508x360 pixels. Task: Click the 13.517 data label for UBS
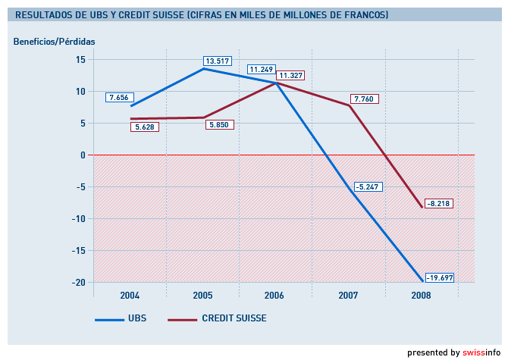click(217, 61)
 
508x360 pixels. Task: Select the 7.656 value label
click(121, 98)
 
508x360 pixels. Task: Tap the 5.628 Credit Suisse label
click(144, 127)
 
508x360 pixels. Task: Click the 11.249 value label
click(262, 70)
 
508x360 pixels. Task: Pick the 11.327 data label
click(291, 76)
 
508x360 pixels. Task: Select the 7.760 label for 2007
click(364, 99)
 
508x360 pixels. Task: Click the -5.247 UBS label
click(368, 186)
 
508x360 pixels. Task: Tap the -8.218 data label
click(438, 204)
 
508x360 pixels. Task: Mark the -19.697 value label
click(439, 278)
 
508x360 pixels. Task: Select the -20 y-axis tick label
click(78, 282)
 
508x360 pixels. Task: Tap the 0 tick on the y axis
click(82, 155)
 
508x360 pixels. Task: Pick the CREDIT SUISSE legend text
click(234, 318)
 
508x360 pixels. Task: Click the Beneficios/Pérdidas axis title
click(55, 41)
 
